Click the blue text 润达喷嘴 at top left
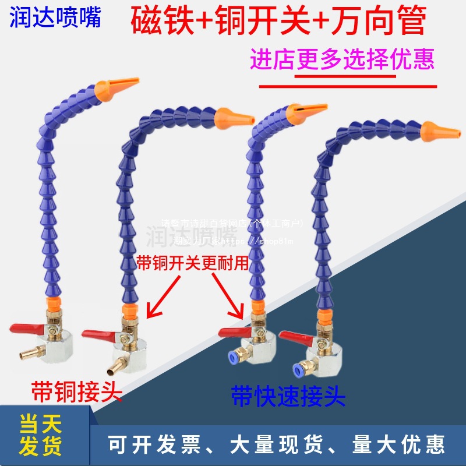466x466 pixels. (x=55, y=17)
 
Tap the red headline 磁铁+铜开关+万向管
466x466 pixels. (x=280, y=22)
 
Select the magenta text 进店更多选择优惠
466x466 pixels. (x=343, y=60)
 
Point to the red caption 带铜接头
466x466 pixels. (x=77, y=391)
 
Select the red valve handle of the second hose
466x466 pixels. (x=97, y=334)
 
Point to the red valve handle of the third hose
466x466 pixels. (x=233, y=332)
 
